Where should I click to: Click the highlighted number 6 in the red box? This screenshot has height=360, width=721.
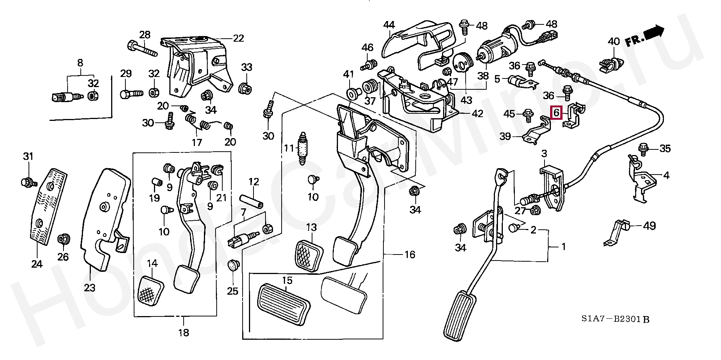[x=556, y=112]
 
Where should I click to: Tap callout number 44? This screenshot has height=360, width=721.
[x=389, y=25]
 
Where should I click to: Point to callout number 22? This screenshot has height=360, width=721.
[x=238, y=38]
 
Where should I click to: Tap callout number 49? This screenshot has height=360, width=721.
[x=649, y=226]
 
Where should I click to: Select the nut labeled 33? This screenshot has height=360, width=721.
[x=245, y=89]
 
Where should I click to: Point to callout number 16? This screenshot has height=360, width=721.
[x=410, y=255]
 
